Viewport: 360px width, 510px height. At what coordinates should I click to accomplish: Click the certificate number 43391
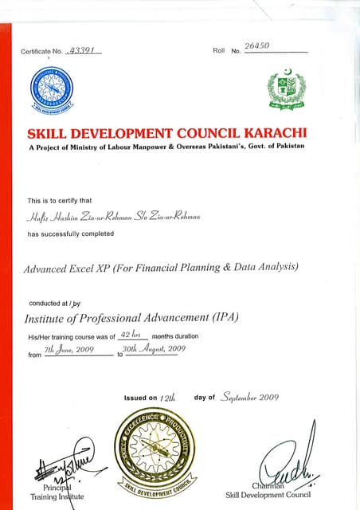point(82,49)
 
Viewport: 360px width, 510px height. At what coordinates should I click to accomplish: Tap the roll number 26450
point(258,46)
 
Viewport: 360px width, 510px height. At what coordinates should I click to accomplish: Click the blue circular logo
point(52,89)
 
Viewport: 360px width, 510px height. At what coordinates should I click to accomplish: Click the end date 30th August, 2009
point(155,349)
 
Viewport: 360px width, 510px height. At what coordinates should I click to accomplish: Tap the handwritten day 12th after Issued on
point(168,398)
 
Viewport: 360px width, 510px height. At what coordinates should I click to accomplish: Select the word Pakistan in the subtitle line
point(285,146)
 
